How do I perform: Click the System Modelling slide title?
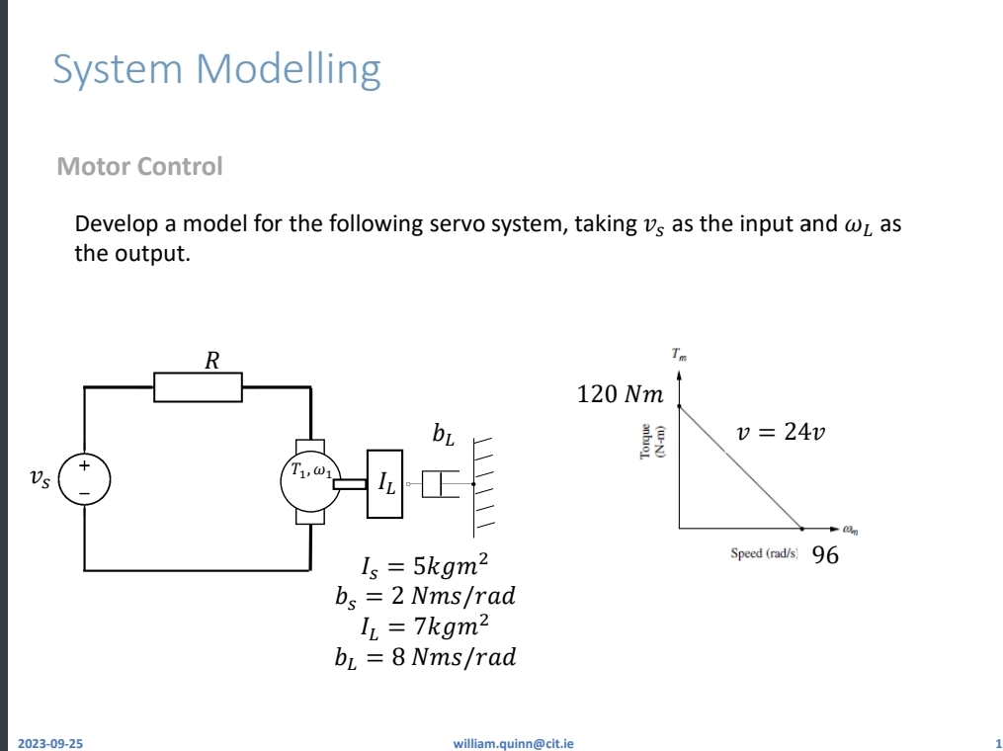tap(216, 70)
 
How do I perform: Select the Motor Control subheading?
tap(139, 166)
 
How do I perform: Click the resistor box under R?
tap(198, 386)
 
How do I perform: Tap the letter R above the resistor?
tap(210, 360)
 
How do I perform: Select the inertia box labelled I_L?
tap(384, 482)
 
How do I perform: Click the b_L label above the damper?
tap(443, 433)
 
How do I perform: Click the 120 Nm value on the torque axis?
tap(620, 395)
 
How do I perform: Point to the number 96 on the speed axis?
tap(825, 555)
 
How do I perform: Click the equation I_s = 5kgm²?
tap(425, 567)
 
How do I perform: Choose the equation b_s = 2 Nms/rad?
tap(425, 596)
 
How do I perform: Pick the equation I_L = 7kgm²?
tap(425, 626)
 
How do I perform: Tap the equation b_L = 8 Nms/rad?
tap(425, 656)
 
